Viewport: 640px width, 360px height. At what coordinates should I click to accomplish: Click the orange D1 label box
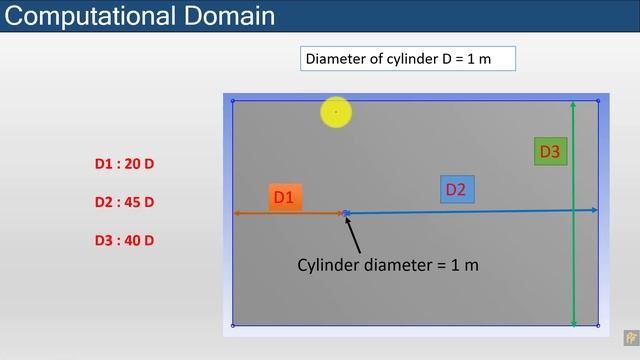point(285,197)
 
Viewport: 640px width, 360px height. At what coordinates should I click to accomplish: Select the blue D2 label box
point(456,189)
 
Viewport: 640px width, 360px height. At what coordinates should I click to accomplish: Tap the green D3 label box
point(550,152)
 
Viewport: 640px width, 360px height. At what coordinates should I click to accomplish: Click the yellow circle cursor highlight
point(336,113)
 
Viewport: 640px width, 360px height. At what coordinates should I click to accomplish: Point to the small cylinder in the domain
point(345,213)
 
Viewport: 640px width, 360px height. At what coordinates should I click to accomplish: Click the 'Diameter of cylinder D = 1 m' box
point(408,58)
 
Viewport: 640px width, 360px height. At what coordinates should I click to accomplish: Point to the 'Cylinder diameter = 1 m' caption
point(388,265)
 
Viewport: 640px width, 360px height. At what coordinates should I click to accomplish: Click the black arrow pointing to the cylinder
point(353,232)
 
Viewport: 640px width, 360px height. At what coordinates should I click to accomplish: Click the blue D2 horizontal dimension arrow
point(470,211)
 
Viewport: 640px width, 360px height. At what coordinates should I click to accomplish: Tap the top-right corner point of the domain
point(598,100)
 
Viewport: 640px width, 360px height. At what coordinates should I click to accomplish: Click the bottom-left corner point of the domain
point(233,324)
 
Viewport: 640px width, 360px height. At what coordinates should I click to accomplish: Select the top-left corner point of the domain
point(233,100)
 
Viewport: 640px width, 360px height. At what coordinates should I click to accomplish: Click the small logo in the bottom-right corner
point(630,338)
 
